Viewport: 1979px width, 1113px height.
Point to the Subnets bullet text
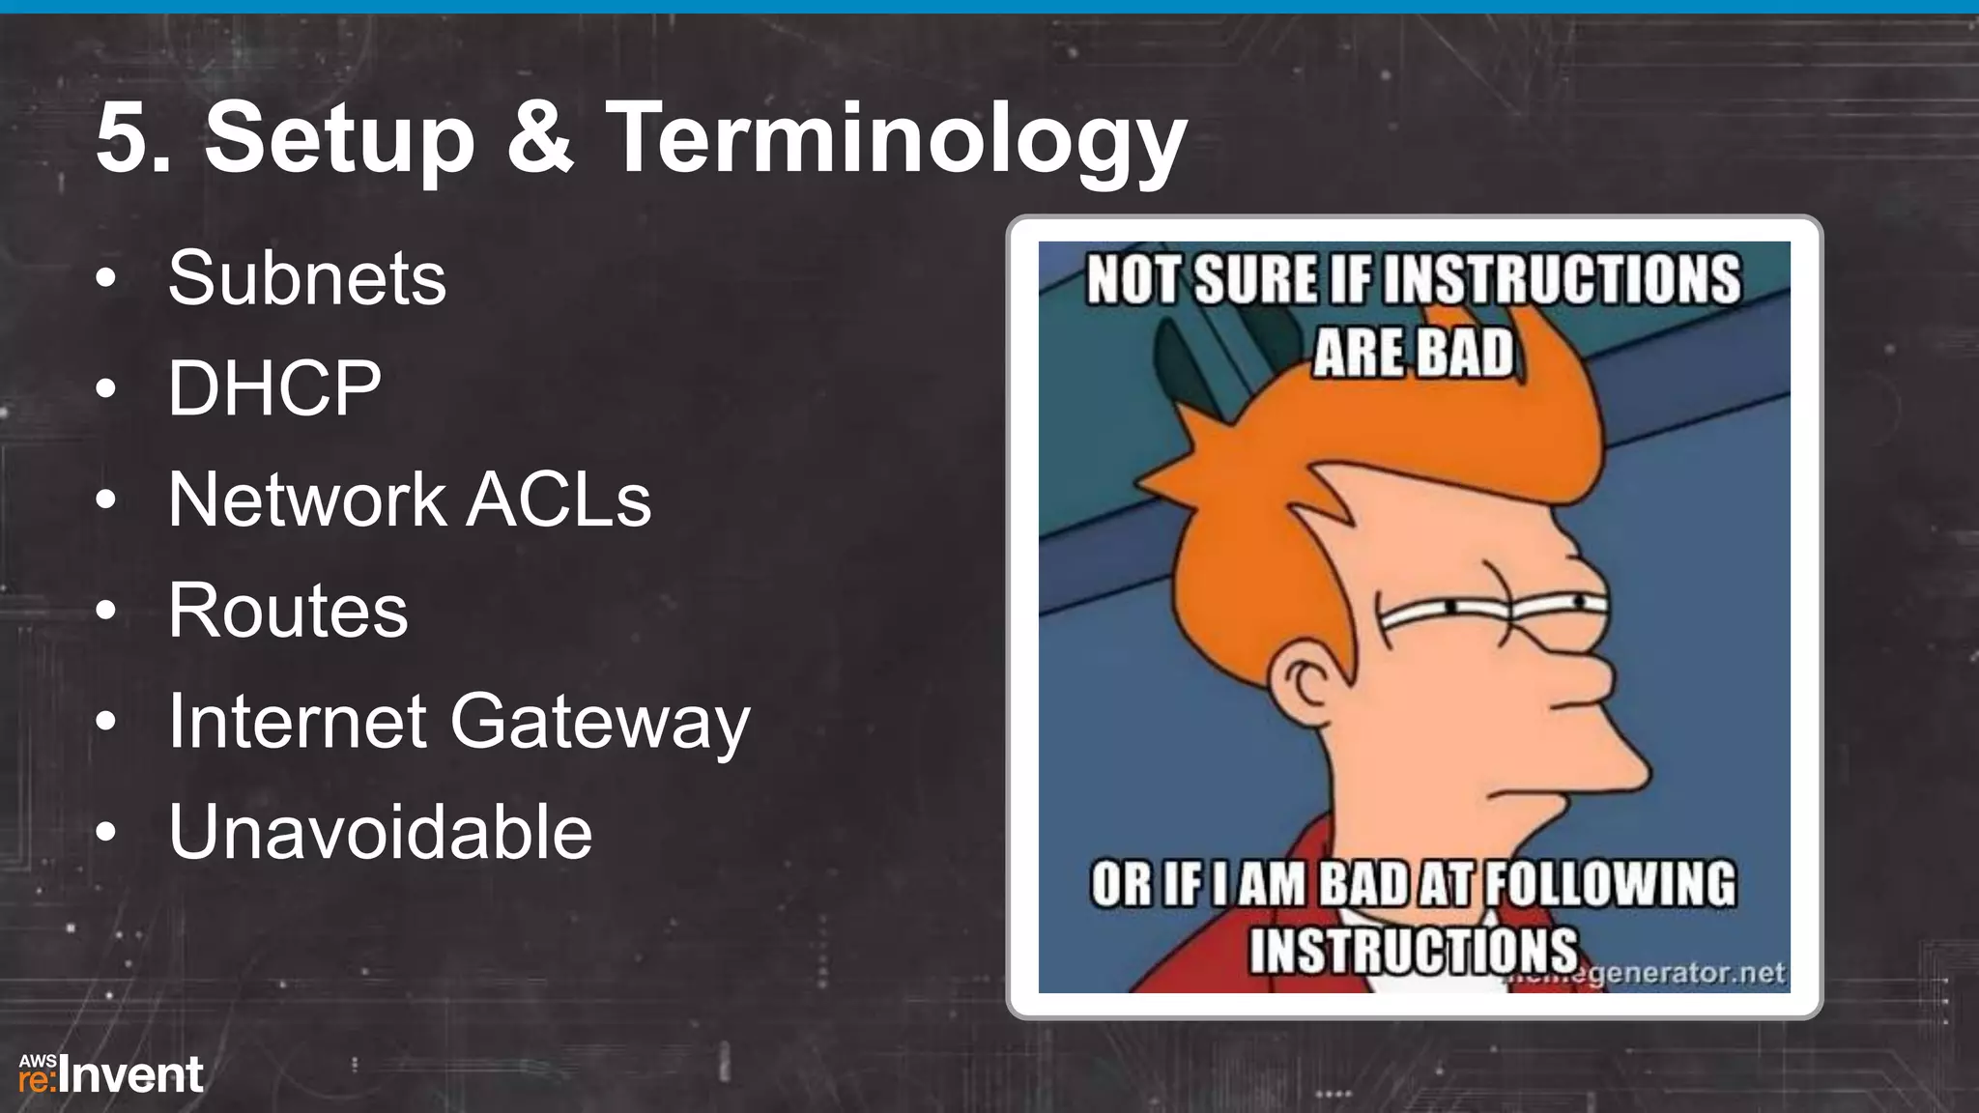307,278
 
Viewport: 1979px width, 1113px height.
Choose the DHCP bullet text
274,388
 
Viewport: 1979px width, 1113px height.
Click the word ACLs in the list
559,499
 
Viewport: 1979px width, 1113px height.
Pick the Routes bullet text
288,611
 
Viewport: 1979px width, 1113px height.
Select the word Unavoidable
380,832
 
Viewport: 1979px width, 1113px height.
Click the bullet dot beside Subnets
106,280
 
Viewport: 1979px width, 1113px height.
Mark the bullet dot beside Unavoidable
106,833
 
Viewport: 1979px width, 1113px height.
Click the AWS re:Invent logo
110,1074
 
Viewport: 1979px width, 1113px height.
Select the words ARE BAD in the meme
1413,353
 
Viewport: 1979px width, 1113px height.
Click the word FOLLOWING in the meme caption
1609,884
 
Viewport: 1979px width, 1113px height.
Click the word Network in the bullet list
306,499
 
